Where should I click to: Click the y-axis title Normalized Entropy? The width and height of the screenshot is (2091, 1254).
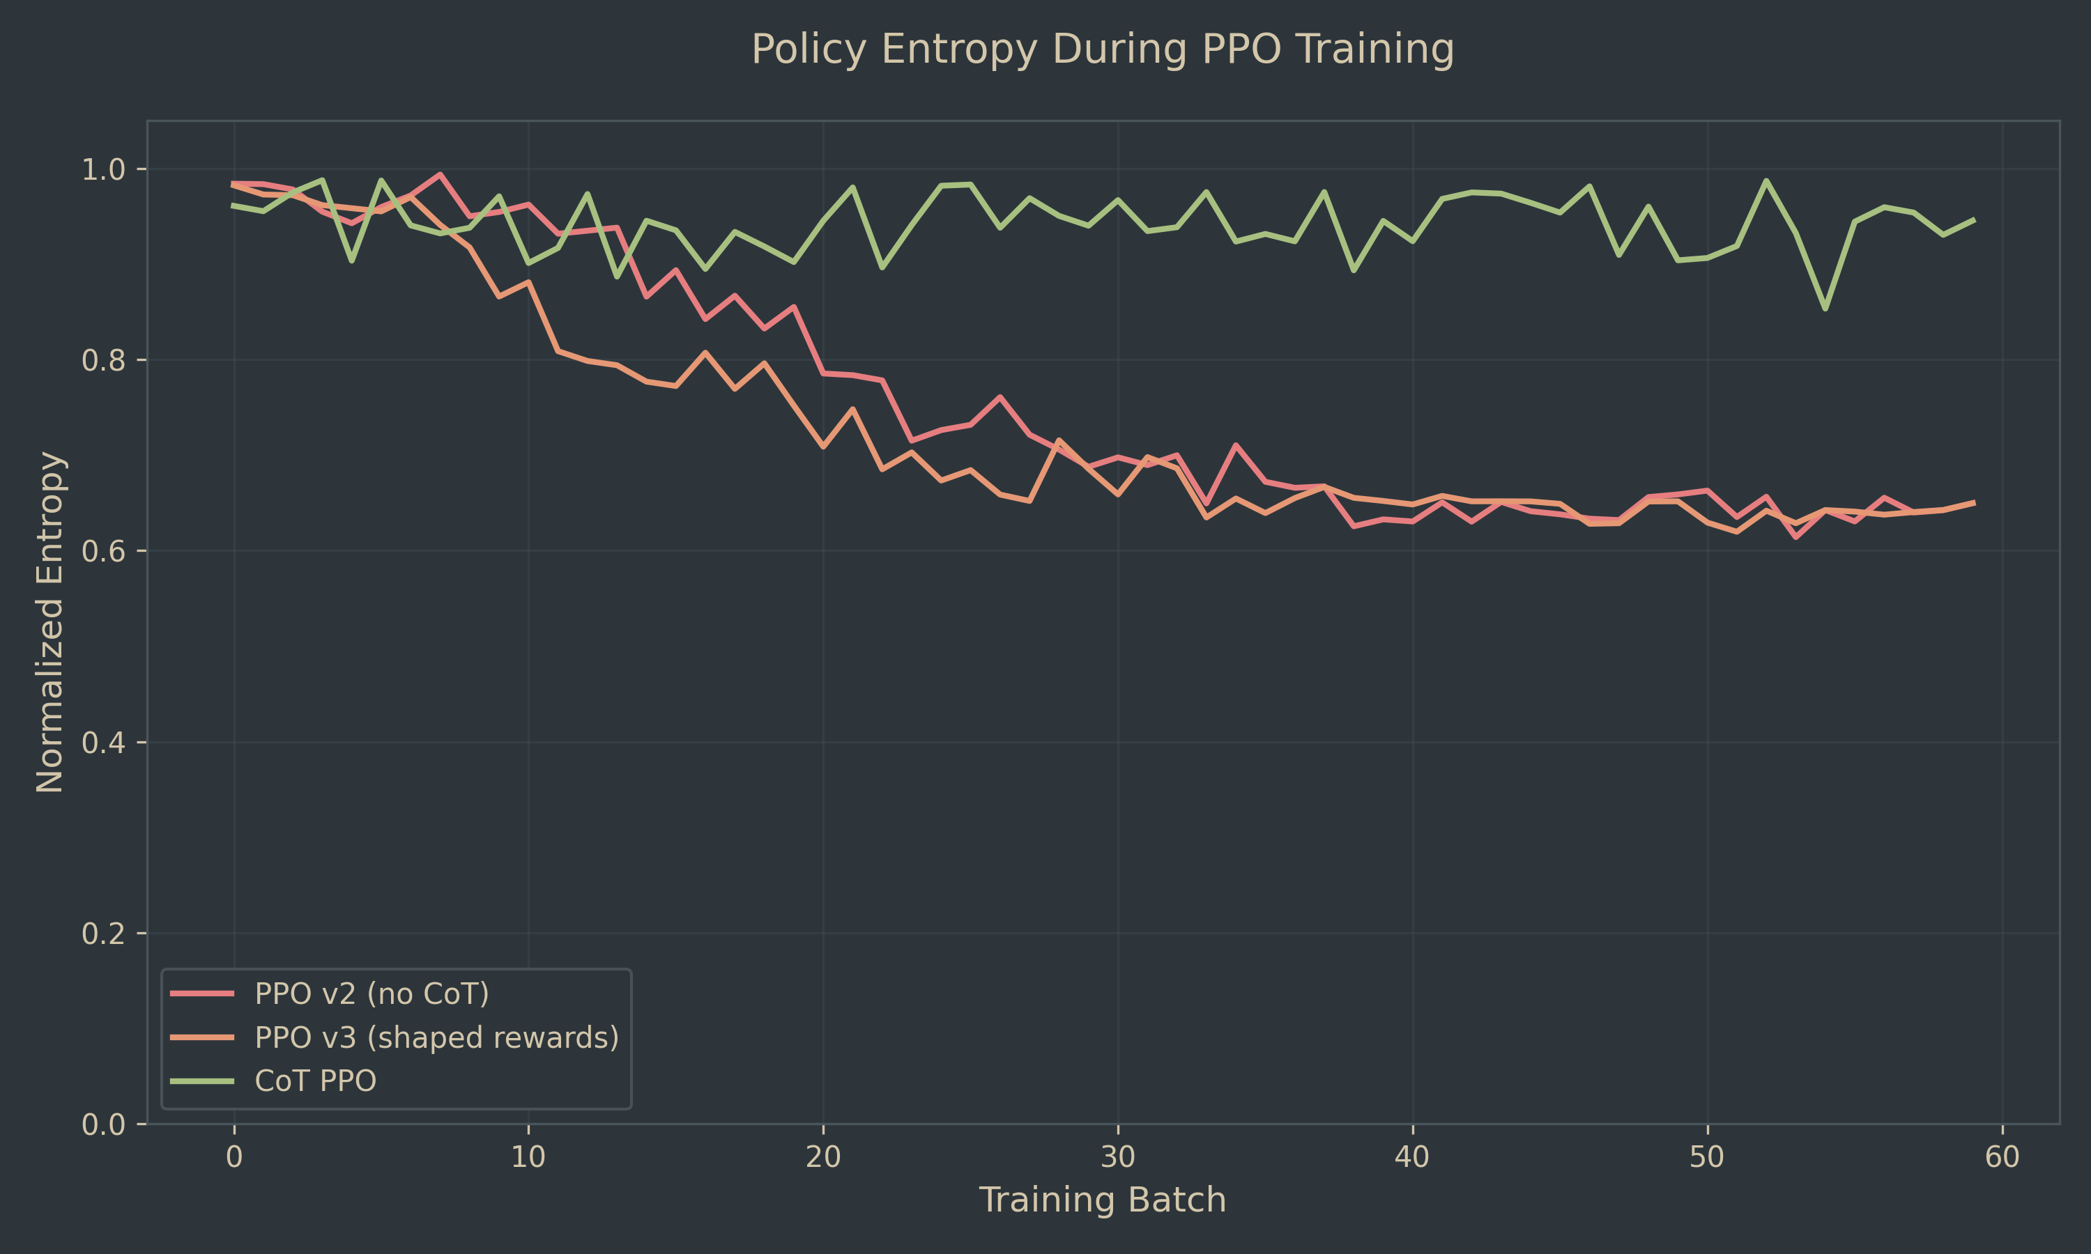[51, 622]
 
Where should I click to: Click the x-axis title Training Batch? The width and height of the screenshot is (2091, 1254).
[1102, 1200]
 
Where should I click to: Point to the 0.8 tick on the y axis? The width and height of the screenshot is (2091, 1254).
[102, 361]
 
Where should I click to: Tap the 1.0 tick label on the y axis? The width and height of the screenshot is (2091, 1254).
[102, 170]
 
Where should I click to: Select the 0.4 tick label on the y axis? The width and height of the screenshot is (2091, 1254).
[102, 743]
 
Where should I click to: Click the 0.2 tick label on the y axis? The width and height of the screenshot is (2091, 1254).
[102, 934]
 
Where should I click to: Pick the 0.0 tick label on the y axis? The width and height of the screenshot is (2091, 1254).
[102, 1124]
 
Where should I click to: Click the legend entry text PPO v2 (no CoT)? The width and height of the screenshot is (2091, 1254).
[372, 993]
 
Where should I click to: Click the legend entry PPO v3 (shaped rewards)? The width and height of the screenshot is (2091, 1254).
[436, 1037]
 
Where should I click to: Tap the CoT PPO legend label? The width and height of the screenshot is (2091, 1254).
[315, 1081]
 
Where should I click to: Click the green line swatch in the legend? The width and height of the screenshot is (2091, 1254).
[202, 1081]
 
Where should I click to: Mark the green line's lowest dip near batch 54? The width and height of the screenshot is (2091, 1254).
[1825, 309]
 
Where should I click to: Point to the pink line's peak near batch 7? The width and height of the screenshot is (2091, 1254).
[441, 174]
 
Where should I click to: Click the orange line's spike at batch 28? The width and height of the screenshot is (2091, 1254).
[1058, 440]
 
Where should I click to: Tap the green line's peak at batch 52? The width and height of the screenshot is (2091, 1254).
[1766, 180]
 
